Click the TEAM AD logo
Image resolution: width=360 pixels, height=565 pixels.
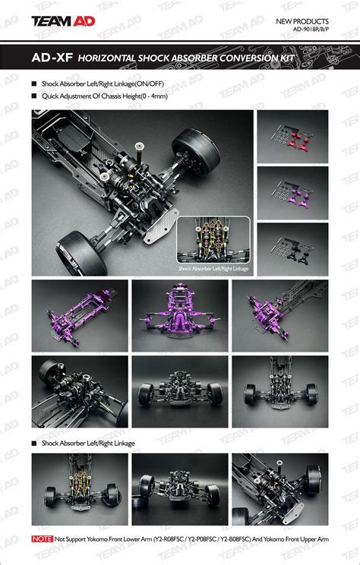(x=63, y=22)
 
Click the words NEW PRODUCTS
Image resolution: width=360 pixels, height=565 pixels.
(x=302, y=22)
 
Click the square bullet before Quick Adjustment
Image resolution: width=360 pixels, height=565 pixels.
(x=33, y=96)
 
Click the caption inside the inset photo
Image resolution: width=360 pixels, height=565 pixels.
(x=213, y=267)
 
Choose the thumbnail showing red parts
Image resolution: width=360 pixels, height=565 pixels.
(x=292, y=136)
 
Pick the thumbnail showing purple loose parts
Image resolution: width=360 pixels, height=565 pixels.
(x=292, y=192)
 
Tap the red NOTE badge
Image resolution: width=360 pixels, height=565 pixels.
(x=42, y=538)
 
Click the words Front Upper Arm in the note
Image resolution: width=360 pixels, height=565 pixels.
(x=307, y=538)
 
